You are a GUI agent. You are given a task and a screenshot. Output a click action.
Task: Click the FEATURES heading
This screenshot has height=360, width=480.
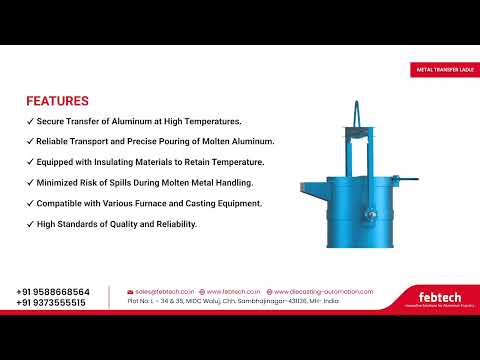pos(57,101)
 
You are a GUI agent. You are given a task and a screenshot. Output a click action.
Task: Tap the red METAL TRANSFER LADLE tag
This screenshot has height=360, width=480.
pos(446,70)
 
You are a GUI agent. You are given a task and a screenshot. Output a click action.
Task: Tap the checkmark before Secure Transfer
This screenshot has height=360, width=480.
pos(29,121)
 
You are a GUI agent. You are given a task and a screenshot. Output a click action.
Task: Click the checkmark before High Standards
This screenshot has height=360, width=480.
pos(29,224)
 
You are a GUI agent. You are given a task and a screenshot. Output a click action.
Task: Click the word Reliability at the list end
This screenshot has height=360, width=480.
pos(176,224)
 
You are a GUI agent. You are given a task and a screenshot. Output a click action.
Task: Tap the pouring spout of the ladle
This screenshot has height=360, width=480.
pos(308,186)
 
